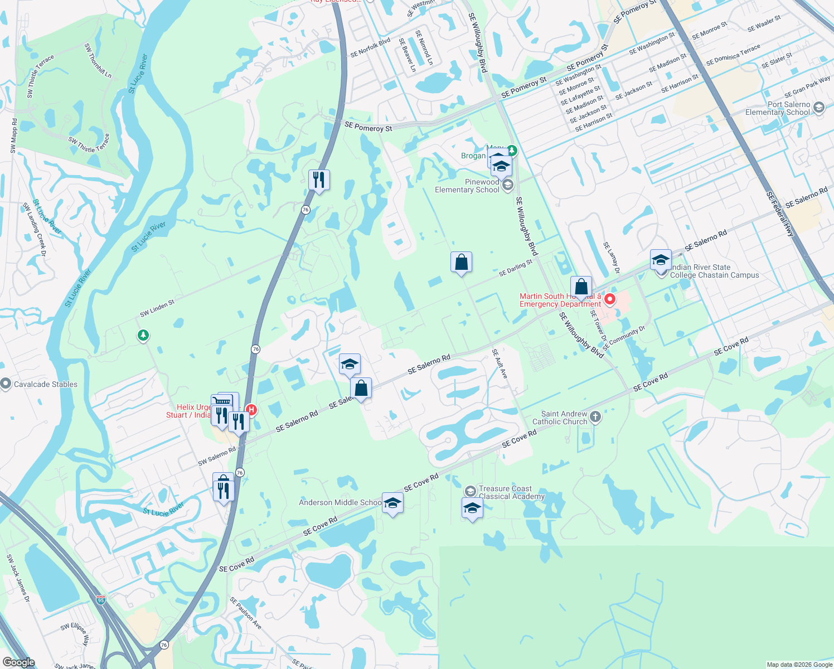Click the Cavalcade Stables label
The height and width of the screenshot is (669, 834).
click(x=46, y=384)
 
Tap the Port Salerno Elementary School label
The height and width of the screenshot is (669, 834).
click(x=788, y=108)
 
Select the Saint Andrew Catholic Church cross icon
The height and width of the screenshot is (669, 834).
click(x=595, y=417)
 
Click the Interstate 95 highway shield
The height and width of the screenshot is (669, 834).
click(x=100, y=600)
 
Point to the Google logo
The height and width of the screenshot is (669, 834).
click(x=18, y=662)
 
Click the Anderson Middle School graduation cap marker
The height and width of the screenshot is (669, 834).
click(x=392, y=503)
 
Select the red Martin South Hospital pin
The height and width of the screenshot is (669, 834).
click(x=610, y=299)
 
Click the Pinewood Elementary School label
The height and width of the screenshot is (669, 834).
click(x=467, y=186)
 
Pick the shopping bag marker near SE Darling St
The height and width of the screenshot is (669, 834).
click(x=461, y=262)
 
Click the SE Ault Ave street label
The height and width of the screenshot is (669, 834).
click(x=500, y=364)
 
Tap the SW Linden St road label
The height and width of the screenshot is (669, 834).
click(x=157, y=308)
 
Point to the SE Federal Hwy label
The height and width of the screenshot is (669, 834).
click(x=780, y=214)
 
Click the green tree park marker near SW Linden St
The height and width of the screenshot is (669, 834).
click(x=143, y=335)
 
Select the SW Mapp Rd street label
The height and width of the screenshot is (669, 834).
click(x=13, y=135)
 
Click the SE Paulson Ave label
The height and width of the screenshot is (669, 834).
click(x=245, y=613)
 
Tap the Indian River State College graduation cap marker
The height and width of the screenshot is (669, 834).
click(x=661, y=260)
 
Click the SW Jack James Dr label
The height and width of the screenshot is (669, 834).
click(x=17, y=578)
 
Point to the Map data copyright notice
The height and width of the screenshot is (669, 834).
click(x=799, y=665)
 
